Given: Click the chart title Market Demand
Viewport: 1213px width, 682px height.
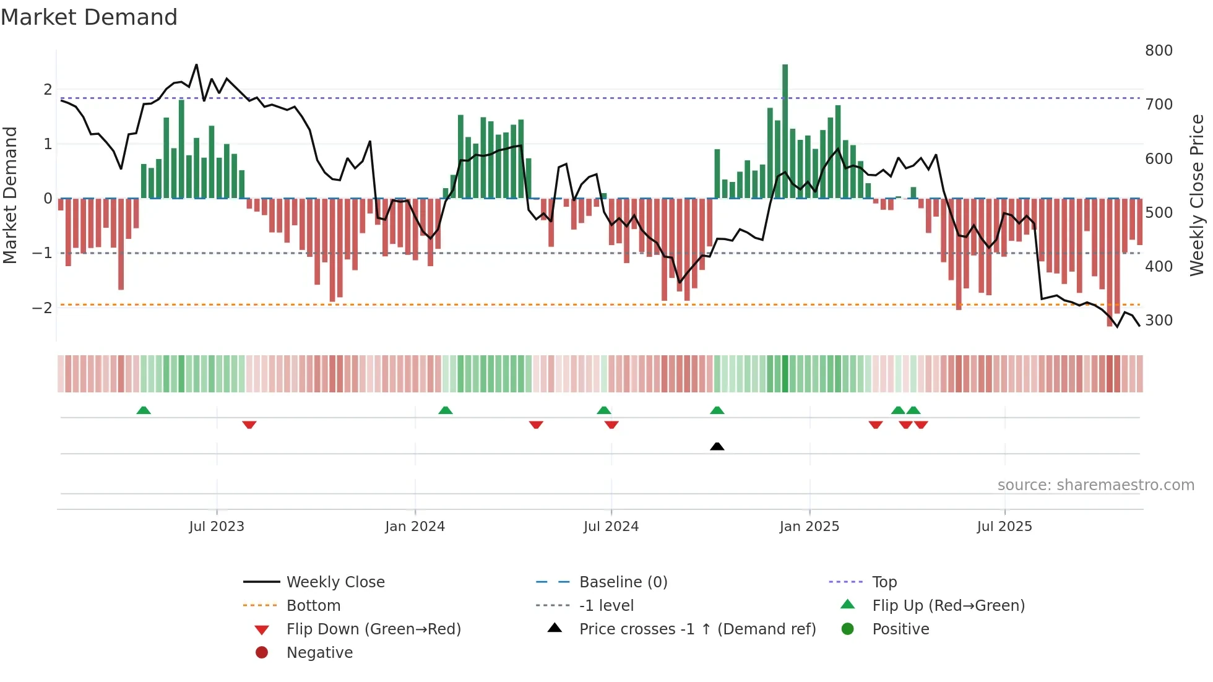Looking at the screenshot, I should pyautogui.click(x=89, y=17).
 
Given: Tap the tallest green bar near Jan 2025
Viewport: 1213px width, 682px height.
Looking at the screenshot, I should pyautogui.click(x=785, y=130).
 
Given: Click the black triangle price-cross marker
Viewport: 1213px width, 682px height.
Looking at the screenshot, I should pyautogui.click(x=717, y=446).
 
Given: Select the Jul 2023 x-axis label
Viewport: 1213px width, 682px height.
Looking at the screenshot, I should pyautogui.click(x=217, y=527).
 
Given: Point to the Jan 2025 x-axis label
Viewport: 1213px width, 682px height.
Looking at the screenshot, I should pyautogui.click(x=809, y=527).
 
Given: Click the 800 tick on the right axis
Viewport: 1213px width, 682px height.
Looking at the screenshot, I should pyautogui.click(x=1159, y=51).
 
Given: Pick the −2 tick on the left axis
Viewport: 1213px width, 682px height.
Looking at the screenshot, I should pyautogui.click(x=42, y=308).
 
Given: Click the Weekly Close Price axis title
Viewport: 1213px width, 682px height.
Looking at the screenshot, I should pyautogui.click(x=1197, y=195).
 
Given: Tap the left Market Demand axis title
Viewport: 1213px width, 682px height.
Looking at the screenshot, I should pyautogui.click(x=10, y=195).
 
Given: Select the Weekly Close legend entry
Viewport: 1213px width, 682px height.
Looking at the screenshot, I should pyautogui.click(x=335, y=582).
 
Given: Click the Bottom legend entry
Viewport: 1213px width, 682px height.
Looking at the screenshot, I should pyautogui.click(x=313, y=606).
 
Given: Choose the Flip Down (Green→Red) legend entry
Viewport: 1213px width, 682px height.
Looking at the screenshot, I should pyautogui.click(x=373, y=629).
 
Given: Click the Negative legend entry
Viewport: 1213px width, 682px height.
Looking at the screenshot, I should pyautogui.click(x=319, y=653).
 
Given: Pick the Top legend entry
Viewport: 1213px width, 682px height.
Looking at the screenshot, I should pyautogui.click(x=884, y=582).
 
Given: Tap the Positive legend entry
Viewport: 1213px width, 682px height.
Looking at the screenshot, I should pyautogui.click(x=900, y=629).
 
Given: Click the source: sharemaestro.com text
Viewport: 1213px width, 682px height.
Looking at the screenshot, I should pyautogui.click(x=1095, y=485).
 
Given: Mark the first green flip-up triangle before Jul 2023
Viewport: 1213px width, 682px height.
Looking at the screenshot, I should pyautogui.click(x=144, y=410).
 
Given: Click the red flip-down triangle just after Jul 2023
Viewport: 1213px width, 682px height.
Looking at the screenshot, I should pyautogui.click(x=249, y=425).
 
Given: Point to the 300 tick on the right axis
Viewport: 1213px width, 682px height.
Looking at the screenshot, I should pyautogui.click(x=1159, y=321).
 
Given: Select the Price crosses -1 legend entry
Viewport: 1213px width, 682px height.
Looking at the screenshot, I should pyautogui.click(x=697, y=629).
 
